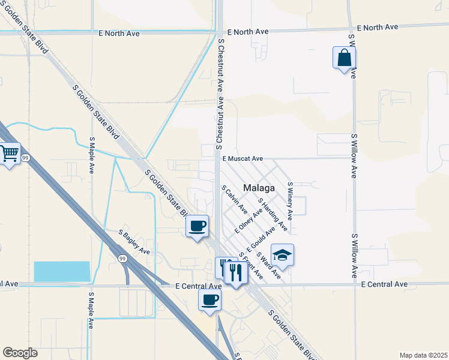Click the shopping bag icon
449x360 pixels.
click(344, 58)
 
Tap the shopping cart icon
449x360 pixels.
click(9, 154)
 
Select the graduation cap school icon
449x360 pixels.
click(282, 256)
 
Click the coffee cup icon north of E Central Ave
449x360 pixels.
click(197, 226)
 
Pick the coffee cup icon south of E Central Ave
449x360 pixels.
click(209, 299)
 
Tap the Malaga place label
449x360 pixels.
click(259, 188)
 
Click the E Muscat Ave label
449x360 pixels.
click(243, 159)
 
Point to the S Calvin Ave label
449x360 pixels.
click(234, 199)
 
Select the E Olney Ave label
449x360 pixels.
click(249, 221)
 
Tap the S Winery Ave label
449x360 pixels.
click(289, 200)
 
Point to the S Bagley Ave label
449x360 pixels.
click(134, 241)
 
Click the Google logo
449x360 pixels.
click(20, 352)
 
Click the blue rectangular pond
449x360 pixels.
click(62, 272)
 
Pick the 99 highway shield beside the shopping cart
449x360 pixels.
click(25, 158)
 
